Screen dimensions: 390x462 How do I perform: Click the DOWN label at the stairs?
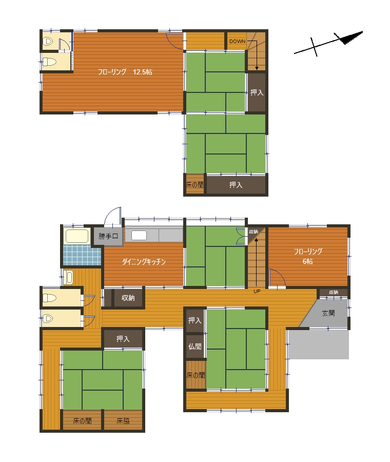pyautogui.click(x=237, y=42)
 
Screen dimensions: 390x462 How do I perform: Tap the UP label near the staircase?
pyautogui.click(x=257, y=292)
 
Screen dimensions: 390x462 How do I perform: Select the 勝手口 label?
pyautogui.click(x=108, y=236)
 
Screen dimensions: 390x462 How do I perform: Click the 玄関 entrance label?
pyautogui.click(x=328, y=313)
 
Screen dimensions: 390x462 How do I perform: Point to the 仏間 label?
pyautogui.click(x=195, y=346)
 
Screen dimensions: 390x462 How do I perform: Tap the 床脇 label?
pyautogui.click(x=123, y=421)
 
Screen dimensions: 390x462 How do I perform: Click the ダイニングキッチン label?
pyautogui.click(x=144, y=262)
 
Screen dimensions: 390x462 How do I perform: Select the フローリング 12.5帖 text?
pyautogui.click(x=125, y=72)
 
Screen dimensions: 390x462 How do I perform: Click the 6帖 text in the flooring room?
pyautogui.click(x=308, y=261)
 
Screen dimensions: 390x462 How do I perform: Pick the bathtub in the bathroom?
pyautogui.click(x=77, y=236)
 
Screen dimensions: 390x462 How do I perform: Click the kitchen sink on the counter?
pyautogui.click(x=139, y=236)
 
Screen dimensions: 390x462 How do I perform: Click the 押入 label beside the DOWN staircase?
pyautogui.click(x=257, y=92)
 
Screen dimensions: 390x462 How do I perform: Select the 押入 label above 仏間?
pyautogui.click(x=195, y=320)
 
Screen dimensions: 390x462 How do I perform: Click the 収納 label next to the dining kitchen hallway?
pyautogui.click(x=128, y=298)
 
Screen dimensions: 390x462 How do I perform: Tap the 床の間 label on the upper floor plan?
pyautogui.click(x=194, y=185)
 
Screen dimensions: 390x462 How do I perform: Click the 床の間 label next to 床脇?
pyautogui.click(x=82, y=421)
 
